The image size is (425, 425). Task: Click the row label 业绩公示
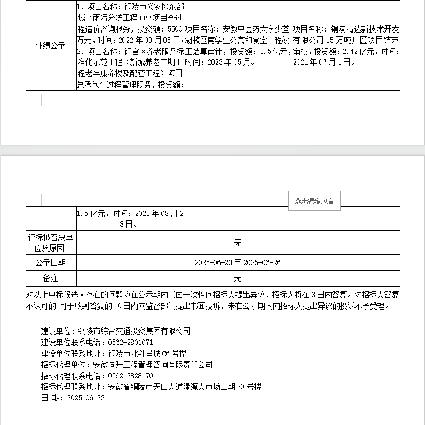(51, 46)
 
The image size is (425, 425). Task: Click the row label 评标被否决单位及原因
(51, 243)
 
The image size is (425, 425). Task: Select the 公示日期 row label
(51, 262)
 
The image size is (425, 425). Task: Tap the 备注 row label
(51, 279)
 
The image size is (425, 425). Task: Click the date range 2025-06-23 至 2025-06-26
(238, 262)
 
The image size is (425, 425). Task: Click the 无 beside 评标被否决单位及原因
(238, 243)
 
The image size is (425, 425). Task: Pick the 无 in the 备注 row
(238, 279)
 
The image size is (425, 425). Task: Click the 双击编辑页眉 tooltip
(314, 200)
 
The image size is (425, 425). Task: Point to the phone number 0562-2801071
(131, 342)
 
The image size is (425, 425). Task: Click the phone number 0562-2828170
(131, 376)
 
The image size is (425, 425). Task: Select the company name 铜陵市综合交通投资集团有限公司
(134, 331)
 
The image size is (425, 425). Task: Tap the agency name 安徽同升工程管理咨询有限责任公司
(153, 365)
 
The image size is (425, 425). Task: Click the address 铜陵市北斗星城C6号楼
(147, 353)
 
